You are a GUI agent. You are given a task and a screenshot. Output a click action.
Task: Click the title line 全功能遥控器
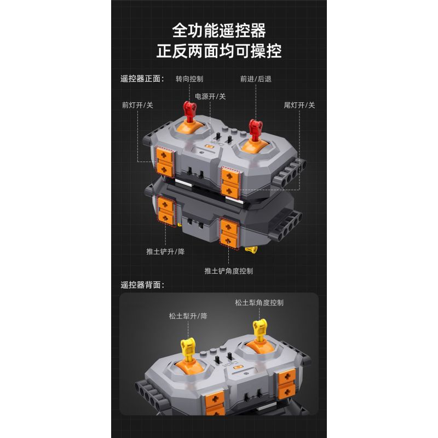click(219, 30)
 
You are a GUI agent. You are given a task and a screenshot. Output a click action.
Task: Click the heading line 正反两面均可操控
click(219, 51)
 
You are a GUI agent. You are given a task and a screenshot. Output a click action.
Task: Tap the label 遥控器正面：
click(142, 78)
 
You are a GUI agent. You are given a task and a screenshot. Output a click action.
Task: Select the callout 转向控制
click(189, 79)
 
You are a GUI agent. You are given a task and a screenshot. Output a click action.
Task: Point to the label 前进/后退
click(256, 79)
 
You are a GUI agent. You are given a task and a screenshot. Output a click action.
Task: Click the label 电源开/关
click(211, 96)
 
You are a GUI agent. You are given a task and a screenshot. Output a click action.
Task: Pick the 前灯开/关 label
click(137, 105)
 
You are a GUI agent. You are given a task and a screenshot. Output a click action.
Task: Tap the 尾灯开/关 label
click(299, 105)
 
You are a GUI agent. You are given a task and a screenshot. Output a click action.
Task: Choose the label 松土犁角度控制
click(259, 302)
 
